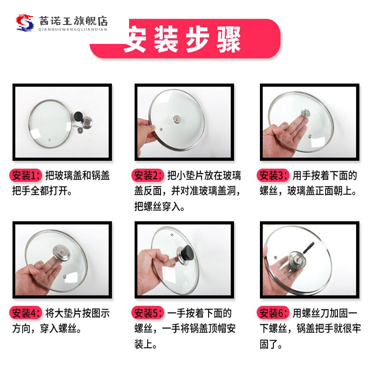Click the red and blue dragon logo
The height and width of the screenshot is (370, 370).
[26, 22]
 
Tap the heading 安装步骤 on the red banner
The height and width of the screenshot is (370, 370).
[182, 39]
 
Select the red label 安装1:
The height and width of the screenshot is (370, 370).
[26, 176]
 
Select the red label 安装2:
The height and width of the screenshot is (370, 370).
[148, 176]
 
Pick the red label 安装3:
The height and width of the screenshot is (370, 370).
[274, 176]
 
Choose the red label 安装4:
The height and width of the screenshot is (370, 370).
[26, 313]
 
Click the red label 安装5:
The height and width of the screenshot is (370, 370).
[148, 313]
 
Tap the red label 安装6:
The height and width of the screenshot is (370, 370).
[274, 313]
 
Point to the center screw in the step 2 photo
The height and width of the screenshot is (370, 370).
[177, 119]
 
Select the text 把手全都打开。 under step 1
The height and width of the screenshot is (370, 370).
[43, 191]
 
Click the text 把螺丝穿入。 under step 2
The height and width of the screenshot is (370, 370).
[160, 206]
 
